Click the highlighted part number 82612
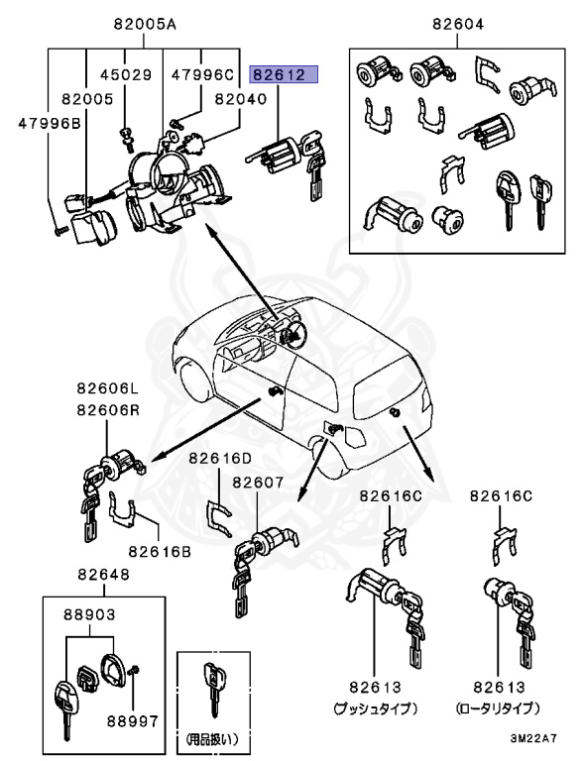(284, 75)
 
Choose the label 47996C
(202, 75)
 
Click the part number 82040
(214, 99)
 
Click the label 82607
(259, 483)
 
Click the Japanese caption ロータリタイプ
(499, 708)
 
